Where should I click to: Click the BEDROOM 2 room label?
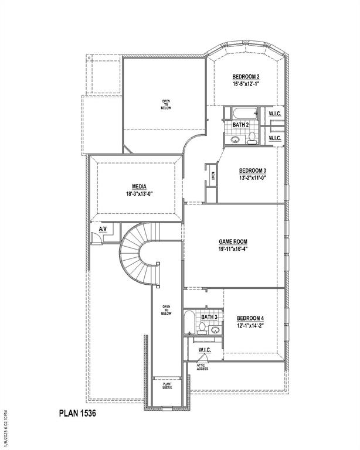point(246,77)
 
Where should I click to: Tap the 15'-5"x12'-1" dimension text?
point(246,84)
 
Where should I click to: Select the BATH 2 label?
point(240,125)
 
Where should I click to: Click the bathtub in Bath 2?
point(240,113)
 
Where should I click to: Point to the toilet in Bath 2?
point(252,138)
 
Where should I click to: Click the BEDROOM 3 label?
point(253,171)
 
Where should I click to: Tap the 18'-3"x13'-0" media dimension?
point(138,194)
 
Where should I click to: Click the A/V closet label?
point(103,229)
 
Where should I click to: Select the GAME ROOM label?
point(233,241)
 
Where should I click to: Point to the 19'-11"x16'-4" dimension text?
point(233,248)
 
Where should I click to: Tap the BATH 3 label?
point(209,317)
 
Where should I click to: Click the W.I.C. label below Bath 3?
point(205,350)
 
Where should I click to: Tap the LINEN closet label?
point(213,174)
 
